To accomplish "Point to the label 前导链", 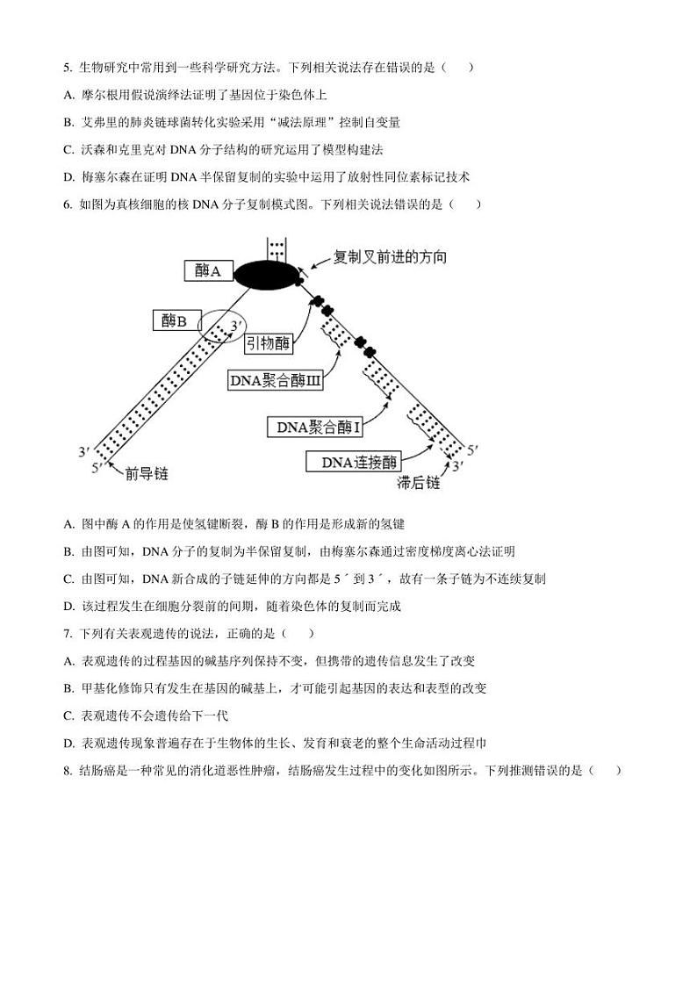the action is (x=147, y=474).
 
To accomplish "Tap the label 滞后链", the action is (x=418, y=484).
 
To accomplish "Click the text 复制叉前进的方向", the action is (x=390, y=257).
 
